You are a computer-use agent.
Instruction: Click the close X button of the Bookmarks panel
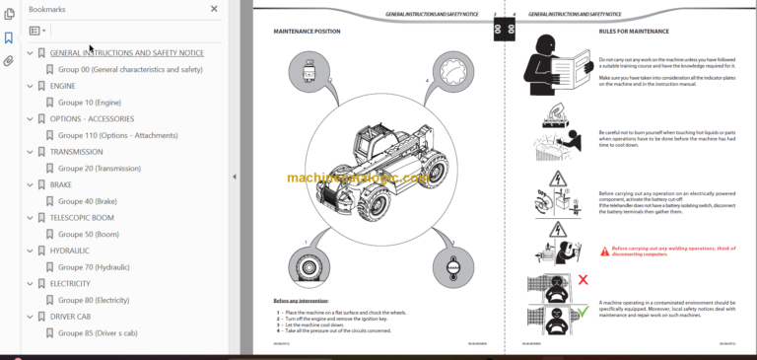(x=214, y=9)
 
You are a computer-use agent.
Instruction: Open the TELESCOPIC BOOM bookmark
(x=82, y=218)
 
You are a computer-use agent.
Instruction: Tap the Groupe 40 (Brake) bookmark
(x=87, y=201)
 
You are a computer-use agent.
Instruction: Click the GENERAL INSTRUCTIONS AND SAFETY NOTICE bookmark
(x=126, y=53)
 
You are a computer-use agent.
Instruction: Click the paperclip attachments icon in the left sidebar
(x=9, y=61)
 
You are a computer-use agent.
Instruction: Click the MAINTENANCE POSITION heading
(x=307, y=32)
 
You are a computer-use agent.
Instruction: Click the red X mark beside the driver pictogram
(x=583, y=281)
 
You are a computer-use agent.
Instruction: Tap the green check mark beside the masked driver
(x=583, y=319)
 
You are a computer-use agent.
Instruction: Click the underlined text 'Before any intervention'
(x=302, y=300)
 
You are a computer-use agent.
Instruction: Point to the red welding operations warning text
(x=671, y=251)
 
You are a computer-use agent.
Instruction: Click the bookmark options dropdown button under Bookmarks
(x=37, y=31)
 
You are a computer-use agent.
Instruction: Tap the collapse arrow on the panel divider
(x=235, y=177)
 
